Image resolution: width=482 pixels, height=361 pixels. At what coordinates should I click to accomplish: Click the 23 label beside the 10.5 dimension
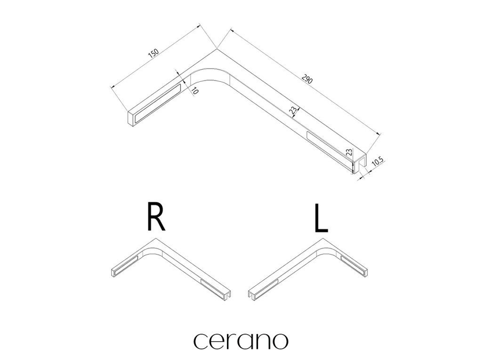(348, 153)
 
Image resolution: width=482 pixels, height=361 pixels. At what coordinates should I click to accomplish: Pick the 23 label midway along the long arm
(293, 110)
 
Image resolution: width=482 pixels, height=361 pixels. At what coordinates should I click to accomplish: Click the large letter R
(156, 217)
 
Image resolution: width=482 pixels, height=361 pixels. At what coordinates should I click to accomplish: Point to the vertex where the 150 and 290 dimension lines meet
(216, 48)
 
